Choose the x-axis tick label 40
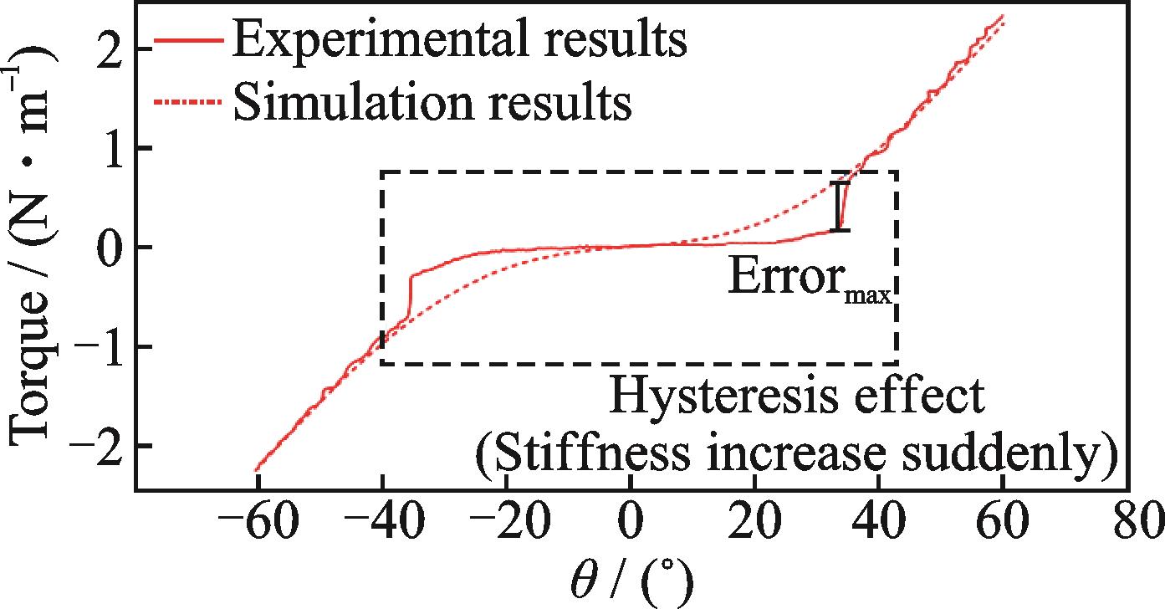[878, 525]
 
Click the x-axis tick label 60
[1002, 525]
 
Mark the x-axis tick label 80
[1126, 525]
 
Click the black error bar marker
[841, 206]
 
